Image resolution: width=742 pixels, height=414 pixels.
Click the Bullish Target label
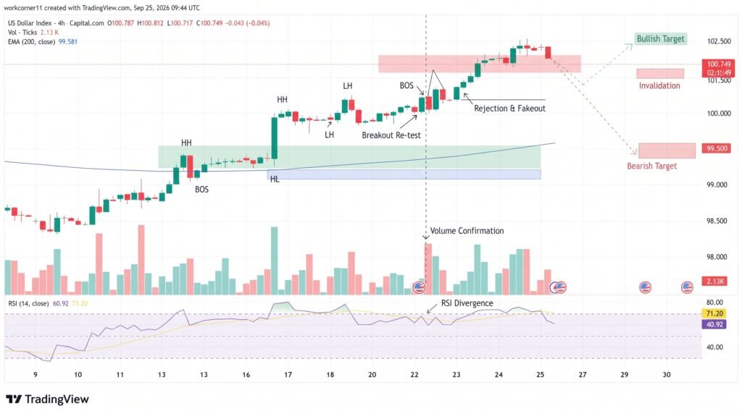pos(660,39)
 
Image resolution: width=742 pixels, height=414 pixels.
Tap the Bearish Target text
pos(651,166)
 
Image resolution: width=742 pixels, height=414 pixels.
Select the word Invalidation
pos(659,85)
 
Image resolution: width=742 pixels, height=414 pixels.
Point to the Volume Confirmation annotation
pos(467,231)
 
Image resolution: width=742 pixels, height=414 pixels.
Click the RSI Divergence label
pos(467,303)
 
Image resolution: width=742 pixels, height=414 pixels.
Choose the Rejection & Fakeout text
pos(509,109)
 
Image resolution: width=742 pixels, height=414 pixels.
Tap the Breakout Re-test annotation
pos(391,135)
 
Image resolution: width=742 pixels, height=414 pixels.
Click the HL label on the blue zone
pos(275,179)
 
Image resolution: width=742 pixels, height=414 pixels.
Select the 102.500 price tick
pos(719,41)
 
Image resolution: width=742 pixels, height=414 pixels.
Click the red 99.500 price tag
pos(717,148)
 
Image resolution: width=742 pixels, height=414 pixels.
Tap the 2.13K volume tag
pos(715,282)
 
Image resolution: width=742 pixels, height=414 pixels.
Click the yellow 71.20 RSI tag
pos(714,313)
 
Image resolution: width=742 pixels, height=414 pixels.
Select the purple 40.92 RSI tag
pos(714,324)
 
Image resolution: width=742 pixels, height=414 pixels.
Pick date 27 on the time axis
pos(582,374)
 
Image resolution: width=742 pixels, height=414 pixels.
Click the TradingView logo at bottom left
pos(47,400)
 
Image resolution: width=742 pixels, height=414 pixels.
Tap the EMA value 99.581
pos(67,41)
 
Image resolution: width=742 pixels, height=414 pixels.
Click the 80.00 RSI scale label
pos(714,302)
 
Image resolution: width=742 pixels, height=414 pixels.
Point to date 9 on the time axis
pos(35,374)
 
